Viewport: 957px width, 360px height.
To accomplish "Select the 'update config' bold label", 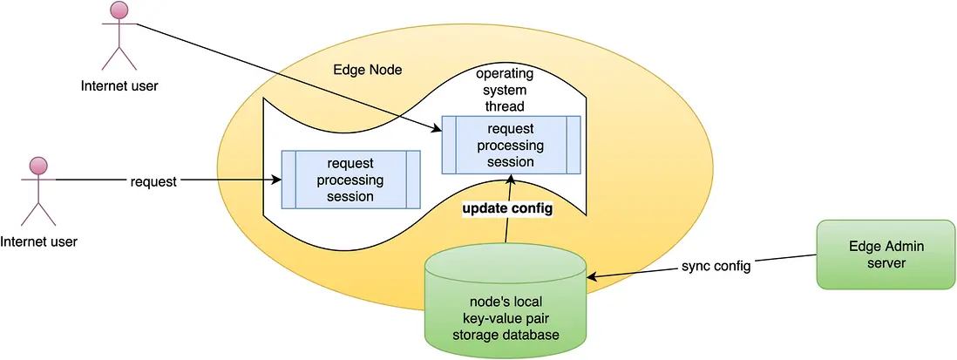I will [506, 211].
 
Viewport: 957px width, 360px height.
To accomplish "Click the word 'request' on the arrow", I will [153, 181].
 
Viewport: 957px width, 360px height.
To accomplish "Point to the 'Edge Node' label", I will [368, 70].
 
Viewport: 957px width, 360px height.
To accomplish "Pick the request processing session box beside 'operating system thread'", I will [511, 145].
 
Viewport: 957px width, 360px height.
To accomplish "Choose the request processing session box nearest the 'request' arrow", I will [350, 180].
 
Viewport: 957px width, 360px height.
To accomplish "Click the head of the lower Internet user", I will [37, 166].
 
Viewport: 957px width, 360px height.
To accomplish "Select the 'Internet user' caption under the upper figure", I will [119, 85].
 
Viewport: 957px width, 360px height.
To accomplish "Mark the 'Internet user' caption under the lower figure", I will [38, 241].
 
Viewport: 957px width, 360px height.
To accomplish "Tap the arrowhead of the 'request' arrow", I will [276, 181].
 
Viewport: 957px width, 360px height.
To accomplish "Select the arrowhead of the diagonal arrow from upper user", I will [438, 129].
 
